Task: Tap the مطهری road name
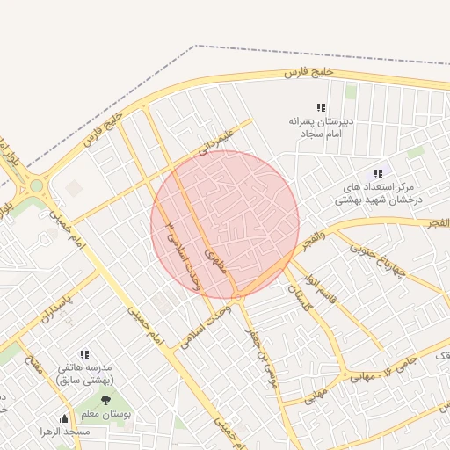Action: (x=216, y=260)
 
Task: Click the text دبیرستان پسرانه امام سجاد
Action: (x=321, y=127)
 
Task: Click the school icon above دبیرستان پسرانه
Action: (x=321, y=107)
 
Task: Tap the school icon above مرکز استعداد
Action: (x=378, y=174)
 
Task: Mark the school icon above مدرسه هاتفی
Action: (x=84, y=355)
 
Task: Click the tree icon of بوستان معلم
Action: (x=105, y=400)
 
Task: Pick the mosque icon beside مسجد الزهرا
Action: (x=64, y=418)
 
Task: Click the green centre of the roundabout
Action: (x=36, y=185)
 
